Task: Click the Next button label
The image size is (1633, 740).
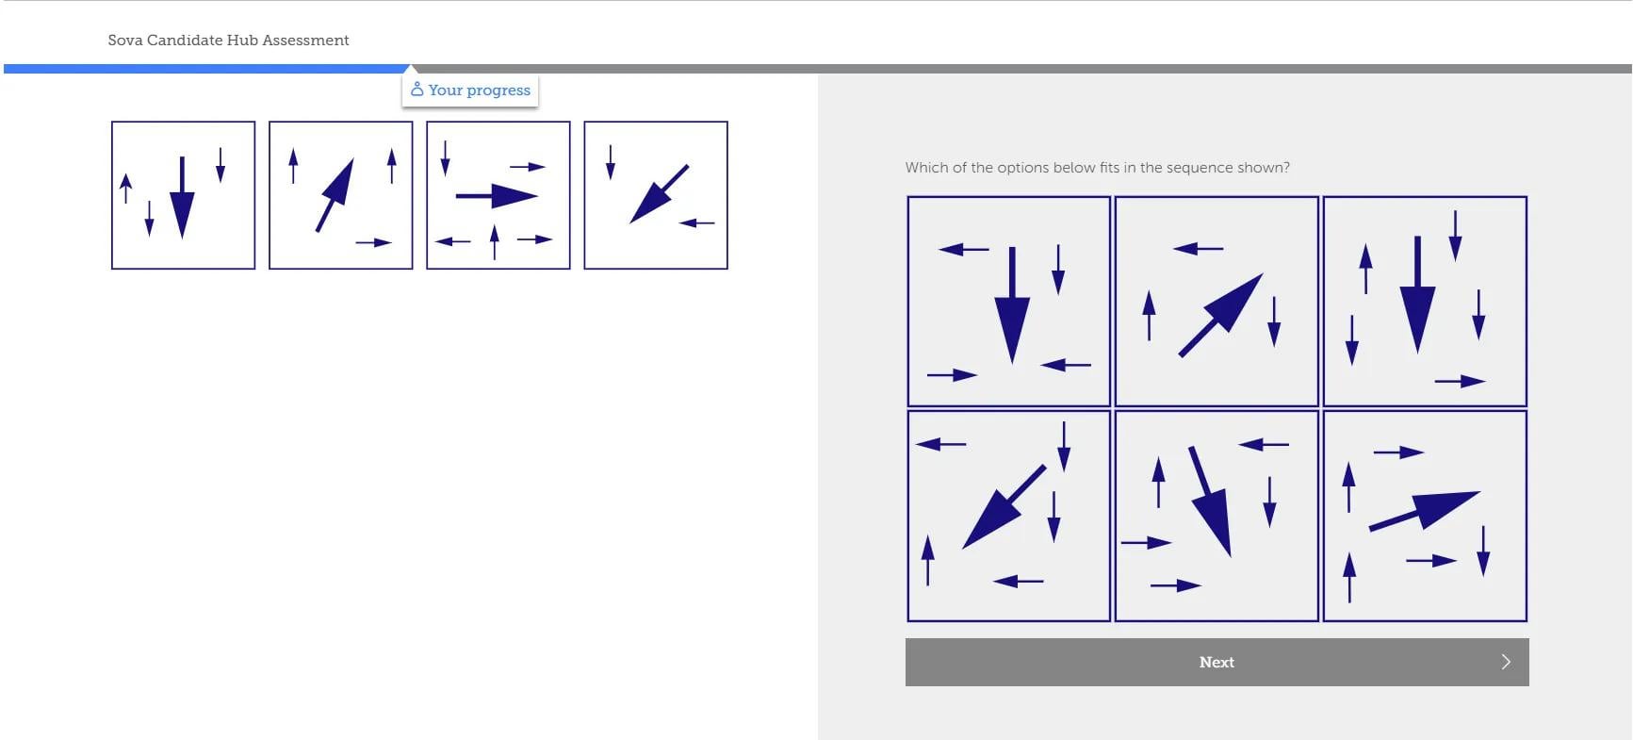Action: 1217,662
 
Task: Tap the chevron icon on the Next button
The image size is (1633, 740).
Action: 1506,662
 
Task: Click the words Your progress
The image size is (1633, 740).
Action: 480,90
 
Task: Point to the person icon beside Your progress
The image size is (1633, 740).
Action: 417,90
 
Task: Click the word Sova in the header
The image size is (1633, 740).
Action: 125,40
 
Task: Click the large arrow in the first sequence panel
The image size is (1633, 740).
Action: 182,197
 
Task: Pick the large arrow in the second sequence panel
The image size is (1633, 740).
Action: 335,195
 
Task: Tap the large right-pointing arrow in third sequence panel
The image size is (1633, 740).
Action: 497,196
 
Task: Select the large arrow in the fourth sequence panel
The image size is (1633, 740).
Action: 659,194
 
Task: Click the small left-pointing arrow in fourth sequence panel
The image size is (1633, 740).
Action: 696,223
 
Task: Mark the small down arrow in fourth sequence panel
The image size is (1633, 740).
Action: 611,162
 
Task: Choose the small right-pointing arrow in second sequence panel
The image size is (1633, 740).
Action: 373,242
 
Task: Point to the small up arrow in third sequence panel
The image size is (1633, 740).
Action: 494,242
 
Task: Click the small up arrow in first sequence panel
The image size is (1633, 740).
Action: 126,189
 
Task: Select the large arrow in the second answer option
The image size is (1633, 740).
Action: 1221,315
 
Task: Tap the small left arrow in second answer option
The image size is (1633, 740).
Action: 1198,249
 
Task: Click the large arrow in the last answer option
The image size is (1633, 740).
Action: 1424,510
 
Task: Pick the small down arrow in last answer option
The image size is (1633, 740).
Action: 1483,551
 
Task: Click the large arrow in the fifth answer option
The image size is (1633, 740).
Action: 1210,502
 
